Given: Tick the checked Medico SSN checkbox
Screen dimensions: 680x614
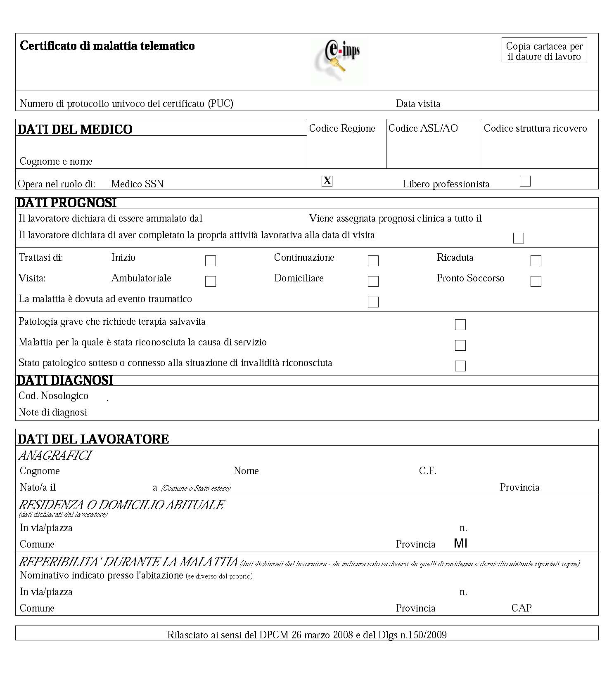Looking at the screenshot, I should click(327, 181).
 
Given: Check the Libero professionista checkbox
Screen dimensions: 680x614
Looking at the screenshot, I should click(525, 181).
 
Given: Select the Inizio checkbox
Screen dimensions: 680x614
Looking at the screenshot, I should click(211, 261).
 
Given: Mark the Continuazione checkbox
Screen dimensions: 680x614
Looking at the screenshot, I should click(373, 261).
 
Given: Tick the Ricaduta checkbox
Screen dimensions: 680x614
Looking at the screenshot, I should click(536, 261).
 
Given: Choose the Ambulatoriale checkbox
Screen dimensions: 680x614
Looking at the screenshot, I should click(211, 281).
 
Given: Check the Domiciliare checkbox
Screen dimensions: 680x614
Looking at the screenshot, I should click(373, 281).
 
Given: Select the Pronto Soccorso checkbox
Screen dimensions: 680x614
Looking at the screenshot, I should click(536, 281).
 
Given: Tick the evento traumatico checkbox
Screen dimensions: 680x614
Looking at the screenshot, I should click(373, 302).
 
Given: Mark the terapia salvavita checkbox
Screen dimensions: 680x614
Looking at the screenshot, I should click(460, 325).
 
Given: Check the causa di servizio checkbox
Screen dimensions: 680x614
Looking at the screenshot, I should click(460, 345).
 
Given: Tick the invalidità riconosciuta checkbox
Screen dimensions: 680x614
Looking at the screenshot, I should click(460, 366).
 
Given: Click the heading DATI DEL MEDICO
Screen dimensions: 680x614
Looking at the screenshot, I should click(75, 129).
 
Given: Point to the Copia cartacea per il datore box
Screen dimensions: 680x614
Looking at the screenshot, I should click(544, 51).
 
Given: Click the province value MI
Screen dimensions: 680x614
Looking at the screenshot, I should click(460, 543).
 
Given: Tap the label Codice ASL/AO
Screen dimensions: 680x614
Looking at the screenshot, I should click(423, 128).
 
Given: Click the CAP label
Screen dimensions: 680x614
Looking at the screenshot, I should click(522, 608).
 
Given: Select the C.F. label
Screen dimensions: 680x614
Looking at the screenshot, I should click(428, 471).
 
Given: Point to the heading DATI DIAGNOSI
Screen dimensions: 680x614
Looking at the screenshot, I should click(65, 380).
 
